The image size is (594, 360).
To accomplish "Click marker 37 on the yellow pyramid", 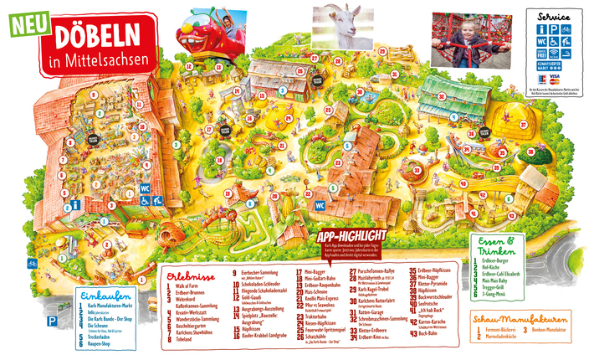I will tap(525, 125).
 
